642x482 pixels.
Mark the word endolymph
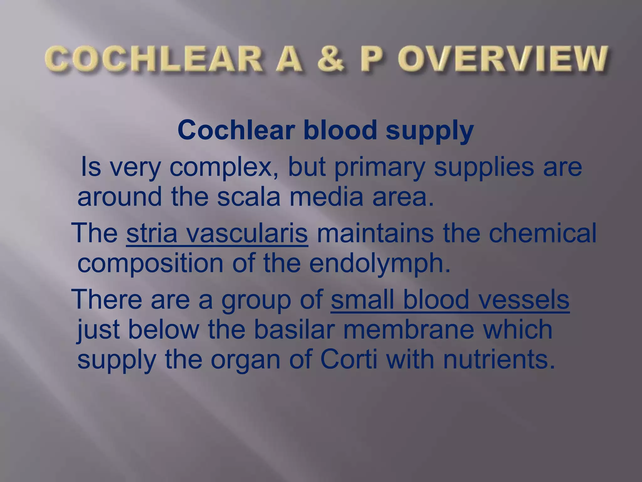[380, 265]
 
